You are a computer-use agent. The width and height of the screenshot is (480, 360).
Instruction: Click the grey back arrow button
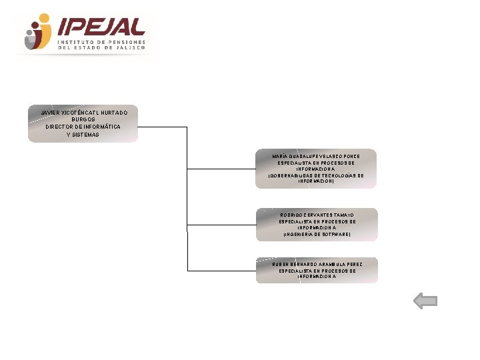[425, 302]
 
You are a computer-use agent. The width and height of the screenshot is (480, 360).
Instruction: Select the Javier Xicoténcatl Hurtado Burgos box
[83, 123]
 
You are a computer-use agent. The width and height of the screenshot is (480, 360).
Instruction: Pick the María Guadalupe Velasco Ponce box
[317, 168]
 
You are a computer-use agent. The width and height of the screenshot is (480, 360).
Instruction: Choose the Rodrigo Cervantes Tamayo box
[317, 224]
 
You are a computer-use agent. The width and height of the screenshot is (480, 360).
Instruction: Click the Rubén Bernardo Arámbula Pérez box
[317, 270]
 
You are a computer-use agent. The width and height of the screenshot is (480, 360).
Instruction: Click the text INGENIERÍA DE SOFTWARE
[317, 235]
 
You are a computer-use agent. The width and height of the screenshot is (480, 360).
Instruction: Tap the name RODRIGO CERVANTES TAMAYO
[317, 215]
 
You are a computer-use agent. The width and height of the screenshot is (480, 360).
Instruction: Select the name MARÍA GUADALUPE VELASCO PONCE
[317, 156]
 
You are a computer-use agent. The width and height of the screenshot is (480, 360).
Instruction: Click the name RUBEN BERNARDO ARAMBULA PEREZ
[317, 264]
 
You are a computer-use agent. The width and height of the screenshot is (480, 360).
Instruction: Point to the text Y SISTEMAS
[83, 135]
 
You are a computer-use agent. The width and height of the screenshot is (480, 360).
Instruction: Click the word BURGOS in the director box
[83, 119]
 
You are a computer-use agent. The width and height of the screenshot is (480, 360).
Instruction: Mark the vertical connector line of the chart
[187, 200]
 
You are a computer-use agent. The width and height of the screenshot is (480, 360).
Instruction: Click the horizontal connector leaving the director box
[163, 127]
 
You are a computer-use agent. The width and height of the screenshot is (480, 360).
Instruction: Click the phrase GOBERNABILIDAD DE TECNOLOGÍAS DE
[317, 175]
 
